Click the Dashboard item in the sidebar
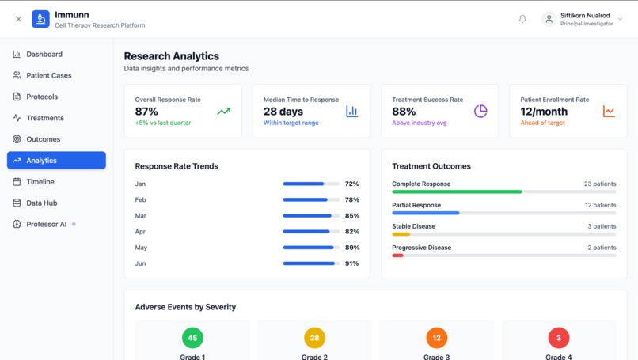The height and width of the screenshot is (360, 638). [44, 55]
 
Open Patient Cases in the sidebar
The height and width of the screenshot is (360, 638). [48, 76]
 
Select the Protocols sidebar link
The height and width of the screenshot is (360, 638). [42, 97]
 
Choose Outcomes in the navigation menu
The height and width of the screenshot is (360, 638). [43, 139]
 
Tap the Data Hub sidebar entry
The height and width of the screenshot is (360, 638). [42, 203]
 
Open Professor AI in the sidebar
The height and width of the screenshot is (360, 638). [46, 225]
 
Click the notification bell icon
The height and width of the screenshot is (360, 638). [522, 19]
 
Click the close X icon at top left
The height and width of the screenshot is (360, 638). [18, 19]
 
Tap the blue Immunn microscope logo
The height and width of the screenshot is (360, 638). [40, 19]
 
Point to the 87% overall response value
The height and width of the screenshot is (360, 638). [146, 112]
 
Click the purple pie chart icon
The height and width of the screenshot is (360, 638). [480, 112]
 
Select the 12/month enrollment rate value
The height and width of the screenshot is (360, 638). [544, 112]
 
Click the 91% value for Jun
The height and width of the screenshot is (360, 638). [351, 263]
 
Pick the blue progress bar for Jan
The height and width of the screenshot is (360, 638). [303, 184]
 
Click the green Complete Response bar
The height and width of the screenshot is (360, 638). [457, 191]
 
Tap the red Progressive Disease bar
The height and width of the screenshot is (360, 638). [397, 256]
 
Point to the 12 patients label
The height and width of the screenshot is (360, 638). [600, 205]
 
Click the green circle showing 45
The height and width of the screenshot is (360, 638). [192, 338]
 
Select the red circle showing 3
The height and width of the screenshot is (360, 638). [559, 338]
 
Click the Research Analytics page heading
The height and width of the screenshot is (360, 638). [172, 56]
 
